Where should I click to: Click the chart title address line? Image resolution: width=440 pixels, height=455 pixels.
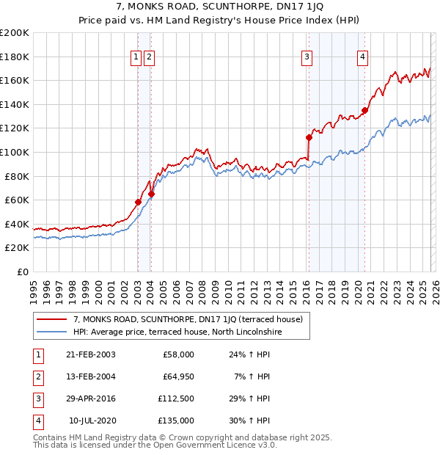220,6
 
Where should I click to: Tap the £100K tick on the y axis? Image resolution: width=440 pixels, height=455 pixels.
15,152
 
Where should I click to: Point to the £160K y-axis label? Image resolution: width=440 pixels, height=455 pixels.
15,80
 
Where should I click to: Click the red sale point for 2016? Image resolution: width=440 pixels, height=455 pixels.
309,137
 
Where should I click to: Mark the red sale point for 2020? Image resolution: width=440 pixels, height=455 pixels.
364,110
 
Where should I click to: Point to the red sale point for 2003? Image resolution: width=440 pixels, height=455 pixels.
138,202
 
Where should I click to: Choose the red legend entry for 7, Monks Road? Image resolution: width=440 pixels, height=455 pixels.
192,319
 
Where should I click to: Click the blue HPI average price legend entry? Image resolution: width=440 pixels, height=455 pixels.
177,332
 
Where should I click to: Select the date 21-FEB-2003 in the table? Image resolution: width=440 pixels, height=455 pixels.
90,354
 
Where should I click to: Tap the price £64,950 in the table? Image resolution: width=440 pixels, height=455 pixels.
178,376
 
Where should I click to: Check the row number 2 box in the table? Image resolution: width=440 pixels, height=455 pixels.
37,376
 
